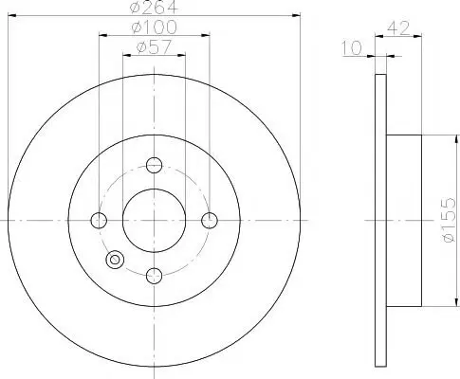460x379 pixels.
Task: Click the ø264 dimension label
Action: pyautogui.click(x=154, y=7)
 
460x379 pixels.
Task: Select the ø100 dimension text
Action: pyautogui.click(x=154, y=27)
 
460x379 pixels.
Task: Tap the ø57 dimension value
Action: pyautogui.click(x=154, y=46)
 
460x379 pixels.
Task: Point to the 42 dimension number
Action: pyautogui.click(x=398, y=28)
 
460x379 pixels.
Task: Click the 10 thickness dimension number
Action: pyautogui.click(x=352, y=48)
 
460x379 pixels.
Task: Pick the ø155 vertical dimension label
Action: pyautogui.click(x=449, y=220)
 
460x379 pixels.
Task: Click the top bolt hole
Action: pyautogui.click(x=154, y=165)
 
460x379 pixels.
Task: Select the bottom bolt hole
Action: pyautogui.click(x=154, y=276)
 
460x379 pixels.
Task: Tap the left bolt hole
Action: pyautogui.click(x=99, y=220)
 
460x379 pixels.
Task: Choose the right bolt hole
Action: pyautogui.click(x=210, y=220)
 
